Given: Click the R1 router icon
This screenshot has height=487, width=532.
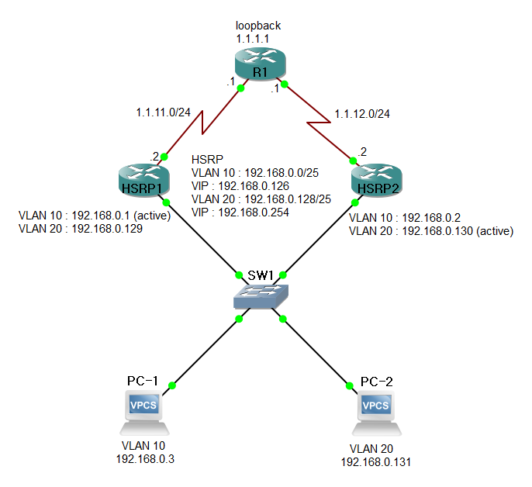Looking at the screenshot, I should point(260,62).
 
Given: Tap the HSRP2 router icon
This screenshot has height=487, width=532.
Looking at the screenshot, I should point(377,181).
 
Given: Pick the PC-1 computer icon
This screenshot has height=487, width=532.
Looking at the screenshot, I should point(144,412).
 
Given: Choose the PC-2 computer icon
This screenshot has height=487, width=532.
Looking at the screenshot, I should point(377,412).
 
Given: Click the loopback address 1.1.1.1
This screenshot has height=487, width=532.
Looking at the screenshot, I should point(254,37).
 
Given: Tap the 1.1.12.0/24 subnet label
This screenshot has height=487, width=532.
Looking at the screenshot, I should point(361,114).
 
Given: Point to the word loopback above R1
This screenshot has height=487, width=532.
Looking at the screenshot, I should point(258,26).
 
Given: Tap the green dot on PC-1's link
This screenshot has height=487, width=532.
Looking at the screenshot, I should point(173,385).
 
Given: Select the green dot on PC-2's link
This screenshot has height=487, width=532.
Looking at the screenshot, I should point(348,385).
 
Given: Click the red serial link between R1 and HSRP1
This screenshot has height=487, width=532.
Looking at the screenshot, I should point(203,122).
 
